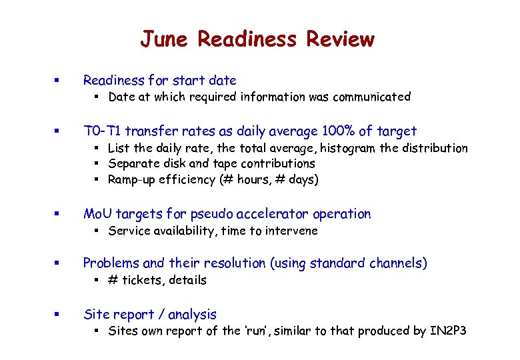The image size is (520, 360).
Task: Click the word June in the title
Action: [165, 39]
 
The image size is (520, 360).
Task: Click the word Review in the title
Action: [340, 39]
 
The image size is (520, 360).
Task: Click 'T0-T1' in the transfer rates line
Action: [102, 131]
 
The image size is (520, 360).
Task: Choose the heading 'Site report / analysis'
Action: [149, 315]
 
